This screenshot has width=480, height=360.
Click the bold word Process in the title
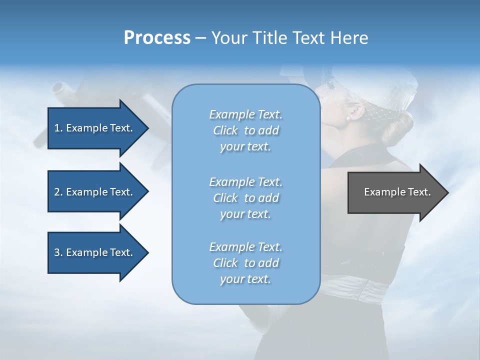click(x=157, y=38)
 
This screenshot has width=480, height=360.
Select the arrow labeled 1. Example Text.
click(x=95, y=128)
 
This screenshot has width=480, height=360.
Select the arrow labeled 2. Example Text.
click(x=95, y=192)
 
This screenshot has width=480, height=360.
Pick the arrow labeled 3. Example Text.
click(x=95, y=252)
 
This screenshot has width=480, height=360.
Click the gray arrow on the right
click(x=395, y=192)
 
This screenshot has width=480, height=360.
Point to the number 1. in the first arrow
click(x=58, y=128)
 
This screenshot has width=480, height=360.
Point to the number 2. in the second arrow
click(x=58, y=192)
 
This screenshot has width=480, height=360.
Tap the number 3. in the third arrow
click(x=58, y=252)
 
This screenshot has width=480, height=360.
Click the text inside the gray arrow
click(x=397, y=192)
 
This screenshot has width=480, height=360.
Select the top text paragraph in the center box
click(x=245, y=130)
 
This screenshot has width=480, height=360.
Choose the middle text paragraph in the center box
click(x=245, y=197)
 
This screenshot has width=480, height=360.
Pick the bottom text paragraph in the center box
click(x=245, y=263)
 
